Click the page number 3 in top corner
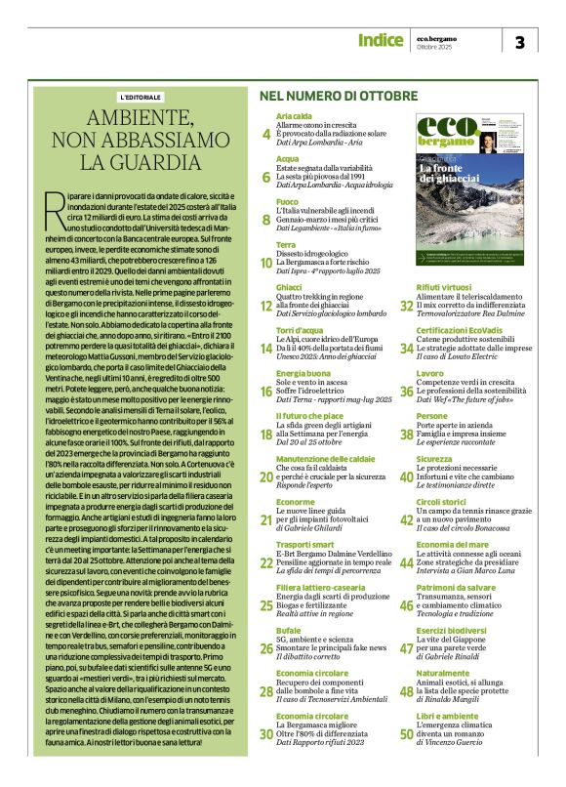coord(520,41)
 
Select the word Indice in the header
coord(380,40)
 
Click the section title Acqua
coord(287,157)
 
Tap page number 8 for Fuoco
coord(267,220)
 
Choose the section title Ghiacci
coord(290,286)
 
